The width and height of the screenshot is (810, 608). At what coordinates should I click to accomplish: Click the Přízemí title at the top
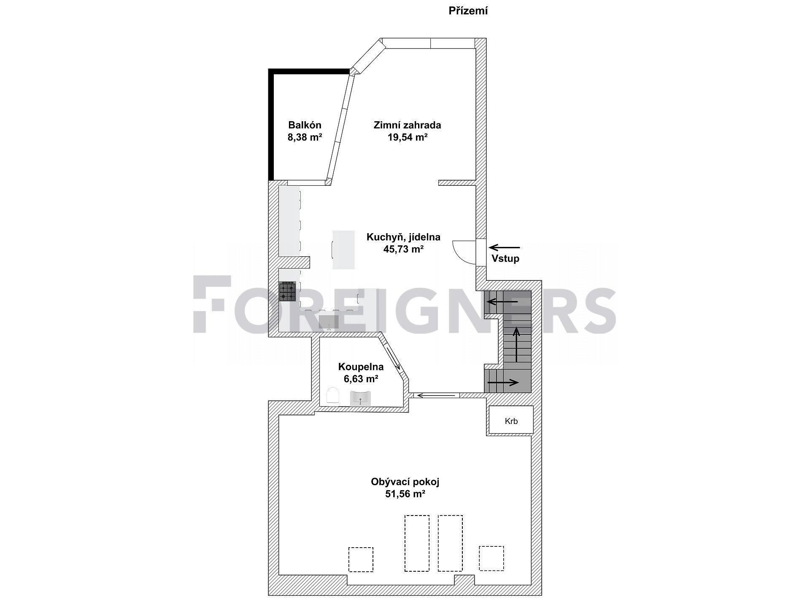pos(468,11)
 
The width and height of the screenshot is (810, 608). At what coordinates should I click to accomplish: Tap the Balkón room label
pos(305,125)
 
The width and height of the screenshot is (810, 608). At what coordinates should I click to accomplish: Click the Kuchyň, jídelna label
pos(403,237)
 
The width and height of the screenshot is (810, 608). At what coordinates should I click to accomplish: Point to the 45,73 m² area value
pos(403,249)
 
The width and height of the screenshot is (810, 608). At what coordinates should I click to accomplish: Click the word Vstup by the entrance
pos(505,258)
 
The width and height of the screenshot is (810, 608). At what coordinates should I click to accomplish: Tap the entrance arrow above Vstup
pos(505,247)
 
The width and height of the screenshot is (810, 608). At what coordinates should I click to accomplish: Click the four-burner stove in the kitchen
pos(288,291)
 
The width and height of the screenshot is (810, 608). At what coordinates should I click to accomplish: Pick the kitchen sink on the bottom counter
pos(329,322)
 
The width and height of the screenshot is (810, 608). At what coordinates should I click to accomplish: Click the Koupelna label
pos(361,367)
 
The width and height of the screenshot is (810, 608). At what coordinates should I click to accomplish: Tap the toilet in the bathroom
pos(333,396)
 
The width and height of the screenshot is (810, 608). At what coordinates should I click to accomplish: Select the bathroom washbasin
pos(360,398)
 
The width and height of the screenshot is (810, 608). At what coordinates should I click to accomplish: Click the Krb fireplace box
pos(511,420)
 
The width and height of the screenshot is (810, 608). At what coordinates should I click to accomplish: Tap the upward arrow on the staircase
pos(517,344)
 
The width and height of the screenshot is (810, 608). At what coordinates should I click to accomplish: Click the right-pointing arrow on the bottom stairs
pos(503,383)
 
